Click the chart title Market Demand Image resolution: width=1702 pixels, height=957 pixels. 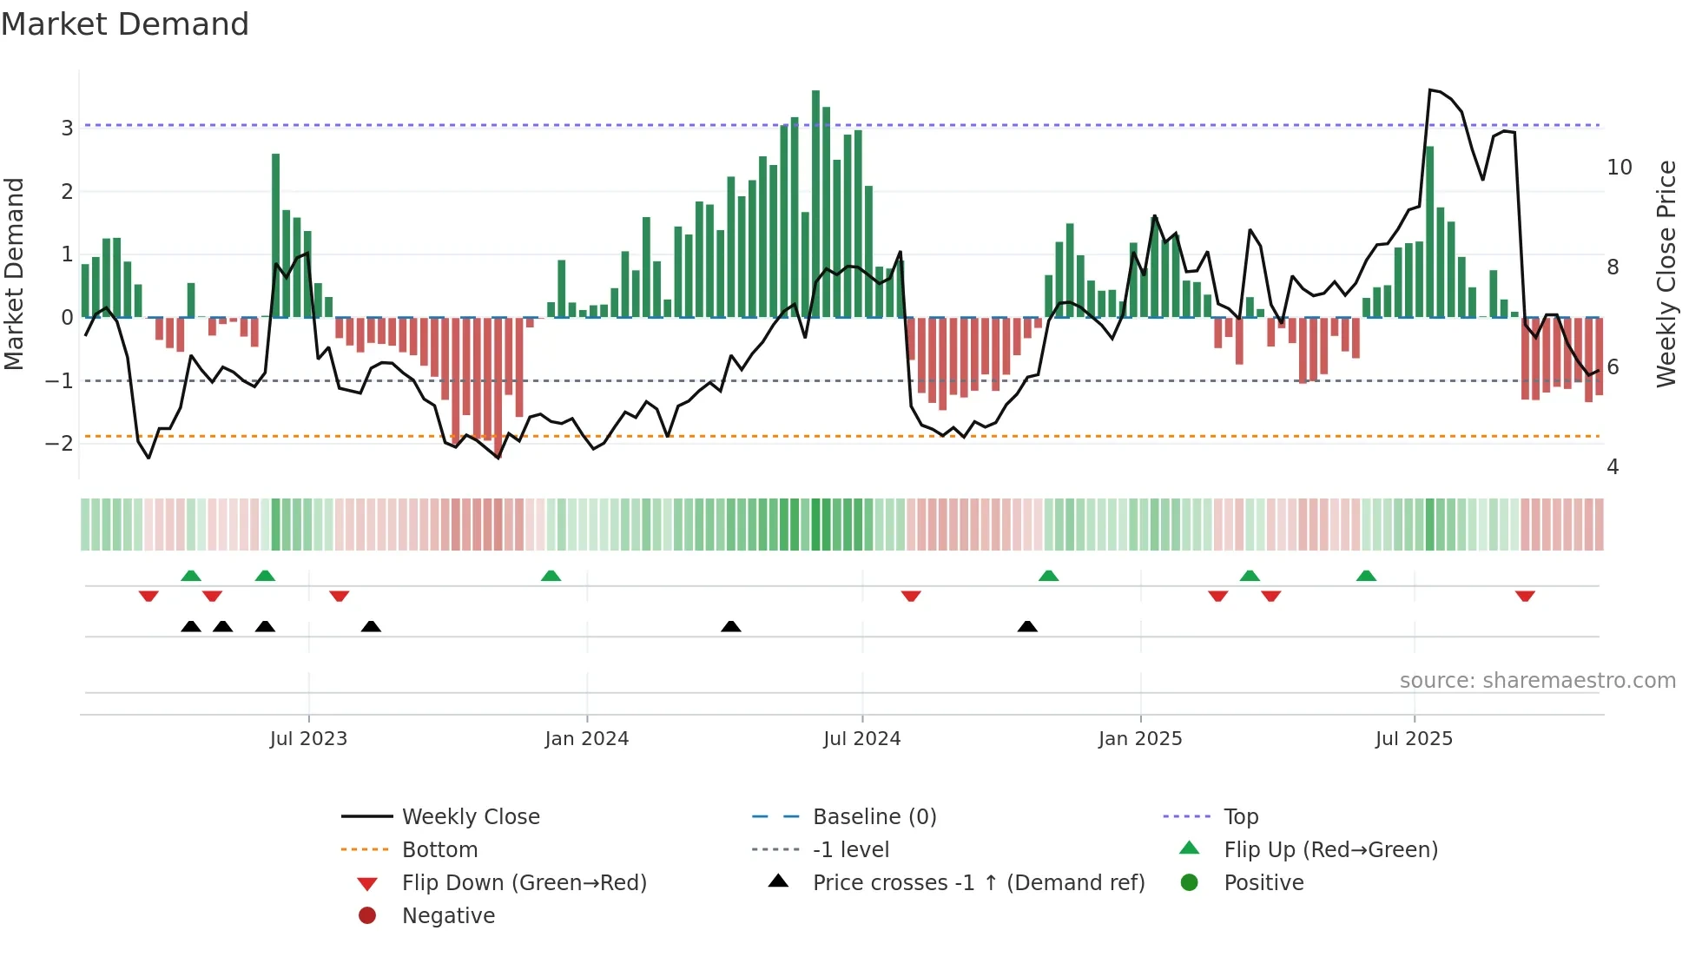pos(125,24)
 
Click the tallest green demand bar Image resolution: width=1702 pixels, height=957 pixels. pos(815,204)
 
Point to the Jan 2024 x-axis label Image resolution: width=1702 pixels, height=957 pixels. pos(586,739)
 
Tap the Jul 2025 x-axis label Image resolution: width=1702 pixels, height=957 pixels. pos(1414,739)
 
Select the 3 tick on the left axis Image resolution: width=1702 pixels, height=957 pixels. pos(67,128)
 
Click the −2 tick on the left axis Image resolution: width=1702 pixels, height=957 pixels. pos(60,444)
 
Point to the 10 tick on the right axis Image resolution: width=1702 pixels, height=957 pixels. pos(1619,168)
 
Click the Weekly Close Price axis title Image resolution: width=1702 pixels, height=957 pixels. pos(1666,274)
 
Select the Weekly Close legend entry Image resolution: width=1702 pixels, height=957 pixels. pos(470,817)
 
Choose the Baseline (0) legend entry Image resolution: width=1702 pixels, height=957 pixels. pos(874,817)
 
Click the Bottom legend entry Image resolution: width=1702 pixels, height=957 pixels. pos(439,850)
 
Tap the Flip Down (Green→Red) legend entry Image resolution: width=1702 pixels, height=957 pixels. pos(524,883)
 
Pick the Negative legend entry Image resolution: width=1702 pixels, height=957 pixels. pos(448,916)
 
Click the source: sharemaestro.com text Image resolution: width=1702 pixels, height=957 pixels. pos(1537,681)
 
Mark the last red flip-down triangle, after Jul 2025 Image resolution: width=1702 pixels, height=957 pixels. pos(1525,596)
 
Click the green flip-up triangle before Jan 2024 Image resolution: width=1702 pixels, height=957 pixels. pos(551,576)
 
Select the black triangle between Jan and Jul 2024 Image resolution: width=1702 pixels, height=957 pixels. pos(731,626)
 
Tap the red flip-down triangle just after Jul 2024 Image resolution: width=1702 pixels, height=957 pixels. pos(911,596)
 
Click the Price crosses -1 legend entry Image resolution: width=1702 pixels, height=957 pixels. pos(978,883)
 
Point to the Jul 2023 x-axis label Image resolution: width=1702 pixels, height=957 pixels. pos(308,739)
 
